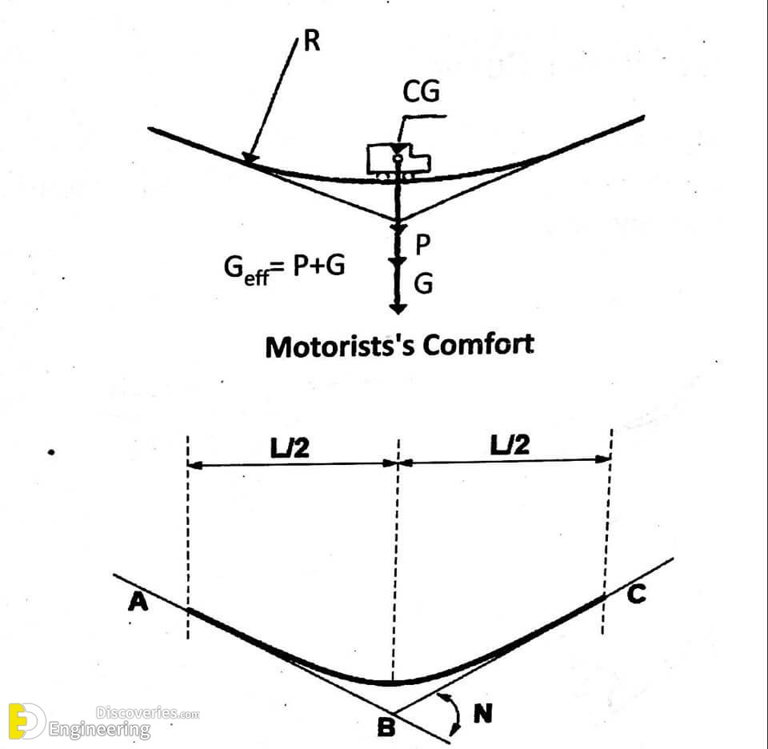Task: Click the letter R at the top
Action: (312, 41)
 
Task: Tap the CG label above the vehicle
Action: (421, 91)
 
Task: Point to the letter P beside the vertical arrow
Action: (422, 244)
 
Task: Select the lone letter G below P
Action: (423, 283)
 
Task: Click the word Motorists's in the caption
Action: (341, 346)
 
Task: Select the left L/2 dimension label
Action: (290, 448)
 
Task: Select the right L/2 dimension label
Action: (510, 445)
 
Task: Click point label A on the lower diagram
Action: (138, 601)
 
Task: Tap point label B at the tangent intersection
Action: (386, 727)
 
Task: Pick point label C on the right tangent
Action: (636, 594)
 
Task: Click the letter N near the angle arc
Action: (483, 713)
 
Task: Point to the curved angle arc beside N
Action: (456, 713)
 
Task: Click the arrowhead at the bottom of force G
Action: (398, 309)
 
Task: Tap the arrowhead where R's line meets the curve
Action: (250, 158)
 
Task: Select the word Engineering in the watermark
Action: (99, 730)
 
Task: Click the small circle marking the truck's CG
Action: (398, 158)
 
